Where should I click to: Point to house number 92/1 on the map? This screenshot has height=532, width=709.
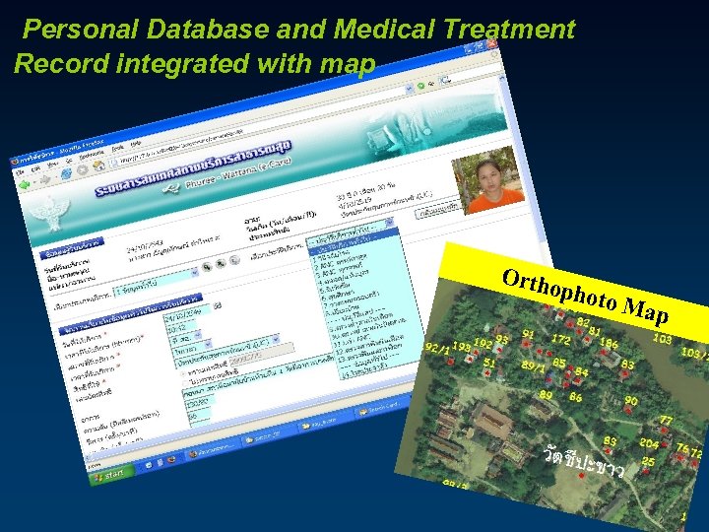[x=436, y=348]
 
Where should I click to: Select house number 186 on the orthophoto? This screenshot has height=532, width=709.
[x=609, y=345]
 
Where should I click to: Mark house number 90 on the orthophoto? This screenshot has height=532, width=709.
[x=630, y=401]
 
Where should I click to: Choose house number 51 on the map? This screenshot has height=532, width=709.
[x=489, y=363]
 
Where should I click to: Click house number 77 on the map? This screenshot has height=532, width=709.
[x=666, y=421]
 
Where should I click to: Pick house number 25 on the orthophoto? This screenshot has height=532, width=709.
[x=647, y=461]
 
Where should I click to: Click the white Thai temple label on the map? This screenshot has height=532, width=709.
[x=583, y=461]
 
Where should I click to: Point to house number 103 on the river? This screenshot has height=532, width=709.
[x=662, y=338]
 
